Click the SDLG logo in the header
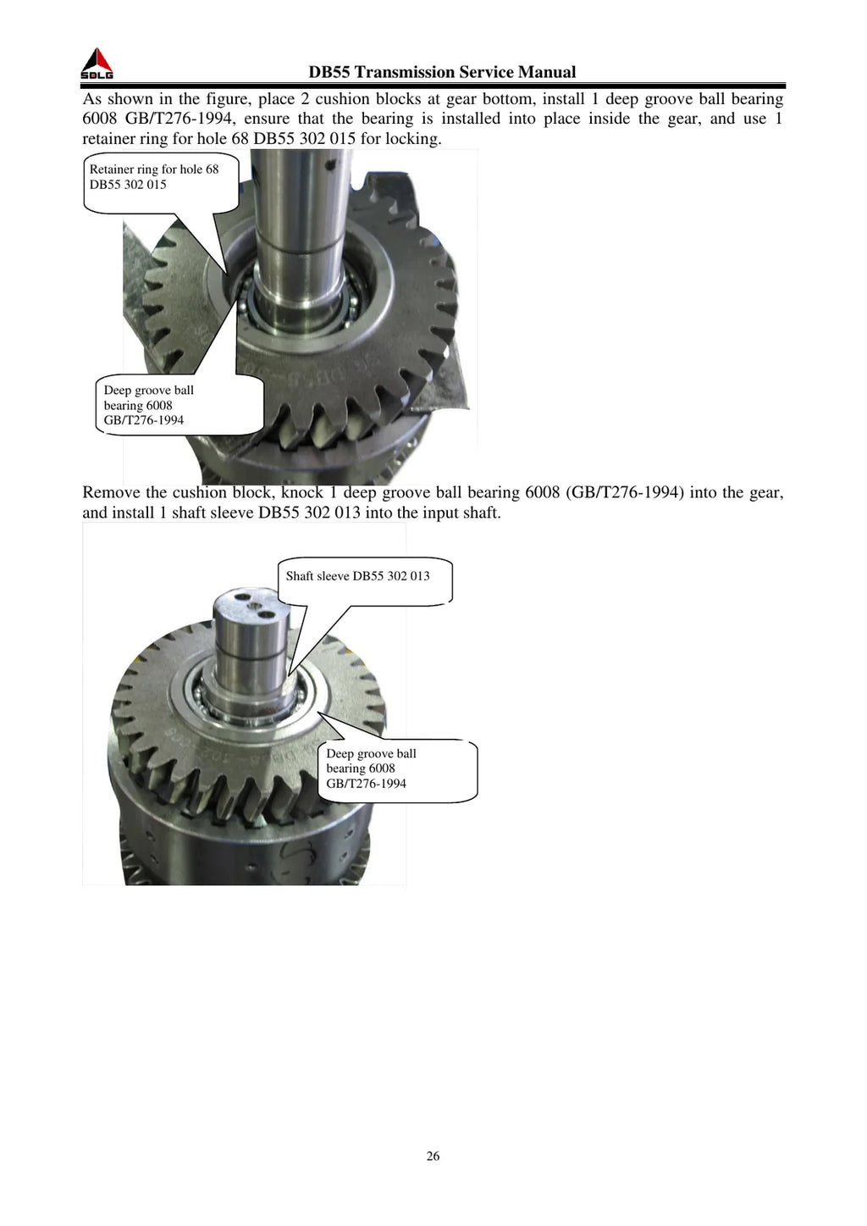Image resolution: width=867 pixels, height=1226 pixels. pos(97,64)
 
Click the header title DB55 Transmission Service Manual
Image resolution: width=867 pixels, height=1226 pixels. pos(442,72)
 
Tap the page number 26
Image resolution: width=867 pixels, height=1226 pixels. pos(433,1156)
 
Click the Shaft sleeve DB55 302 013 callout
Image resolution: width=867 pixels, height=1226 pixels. pos(365,580)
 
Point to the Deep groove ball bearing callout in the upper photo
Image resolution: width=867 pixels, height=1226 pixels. pos(179,405)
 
